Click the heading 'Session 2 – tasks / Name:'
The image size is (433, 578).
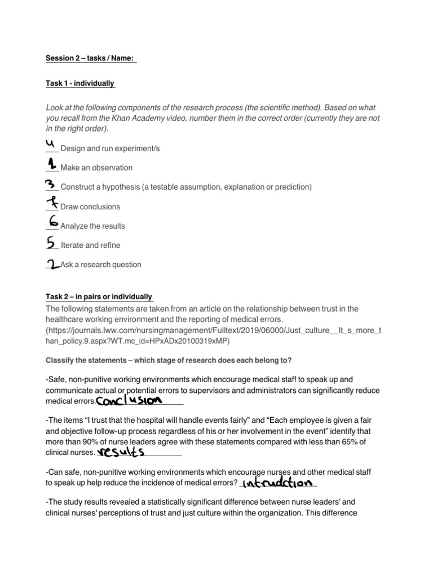click(91, 59)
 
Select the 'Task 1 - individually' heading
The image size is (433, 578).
click(80, 84)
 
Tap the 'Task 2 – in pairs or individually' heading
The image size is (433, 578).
click(99, 297)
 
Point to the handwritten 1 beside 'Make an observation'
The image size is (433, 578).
click(52, 164)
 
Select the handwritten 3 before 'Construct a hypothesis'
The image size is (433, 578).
click(51, 185)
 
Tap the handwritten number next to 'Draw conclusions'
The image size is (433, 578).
click(52, 203)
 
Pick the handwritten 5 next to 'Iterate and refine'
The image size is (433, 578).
click(52, 242)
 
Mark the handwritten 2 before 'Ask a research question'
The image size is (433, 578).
click(54, 264)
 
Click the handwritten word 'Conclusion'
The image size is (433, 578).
click(129, 400)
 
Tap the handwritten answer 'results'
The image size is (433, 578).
click(121, 452)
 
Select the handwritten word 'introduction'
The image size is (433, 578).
click(276, 483)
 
